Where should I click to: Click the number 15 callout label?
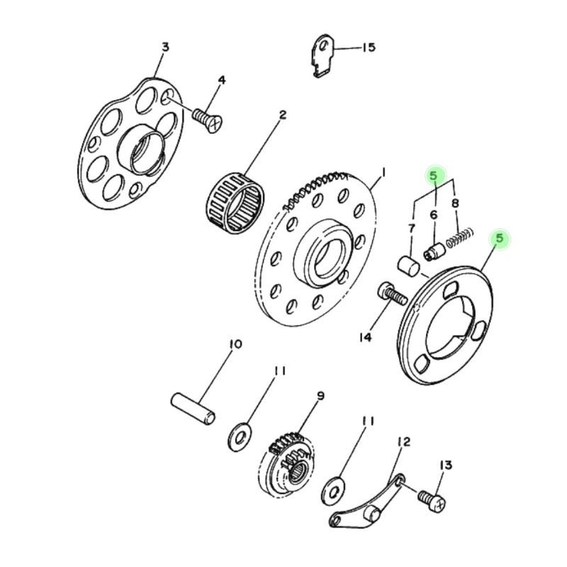point(368,48)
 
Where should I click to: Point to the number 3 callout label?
point(165,47)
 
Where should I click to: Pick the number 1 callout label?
point(383,172)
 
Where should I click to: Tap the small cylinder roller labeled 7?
point(407,266)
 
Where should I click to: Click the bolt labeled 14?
point(391,292)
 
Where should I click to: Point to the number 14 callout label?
point(364,337)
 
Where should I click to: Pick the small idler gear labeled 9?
point(291,461)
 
